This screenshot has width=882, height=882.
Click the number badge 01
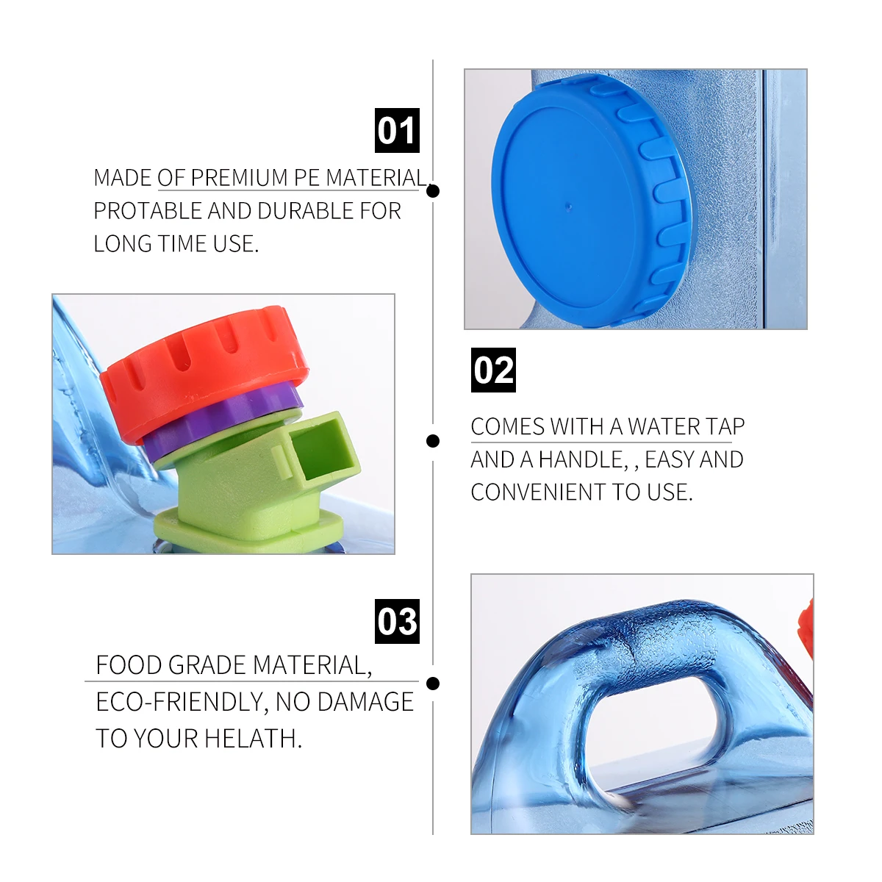(x=397, y=131)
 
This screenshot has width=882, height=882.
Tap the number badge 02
(x=493, y=370)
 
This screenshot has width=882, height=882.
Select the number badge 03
(x=397, y=622)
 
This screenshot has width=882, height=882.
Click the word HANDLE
(x=581, y=459)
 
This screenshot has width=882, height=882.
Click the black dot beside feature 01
(x=433, y=191)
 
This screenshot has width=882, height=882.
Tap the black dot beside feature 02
(x=433, y=441)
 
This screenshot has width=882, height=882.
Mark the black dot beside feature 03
(x=433, y=684)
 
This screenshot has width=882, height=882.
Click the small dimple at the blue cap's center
(x=568, y=206)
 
